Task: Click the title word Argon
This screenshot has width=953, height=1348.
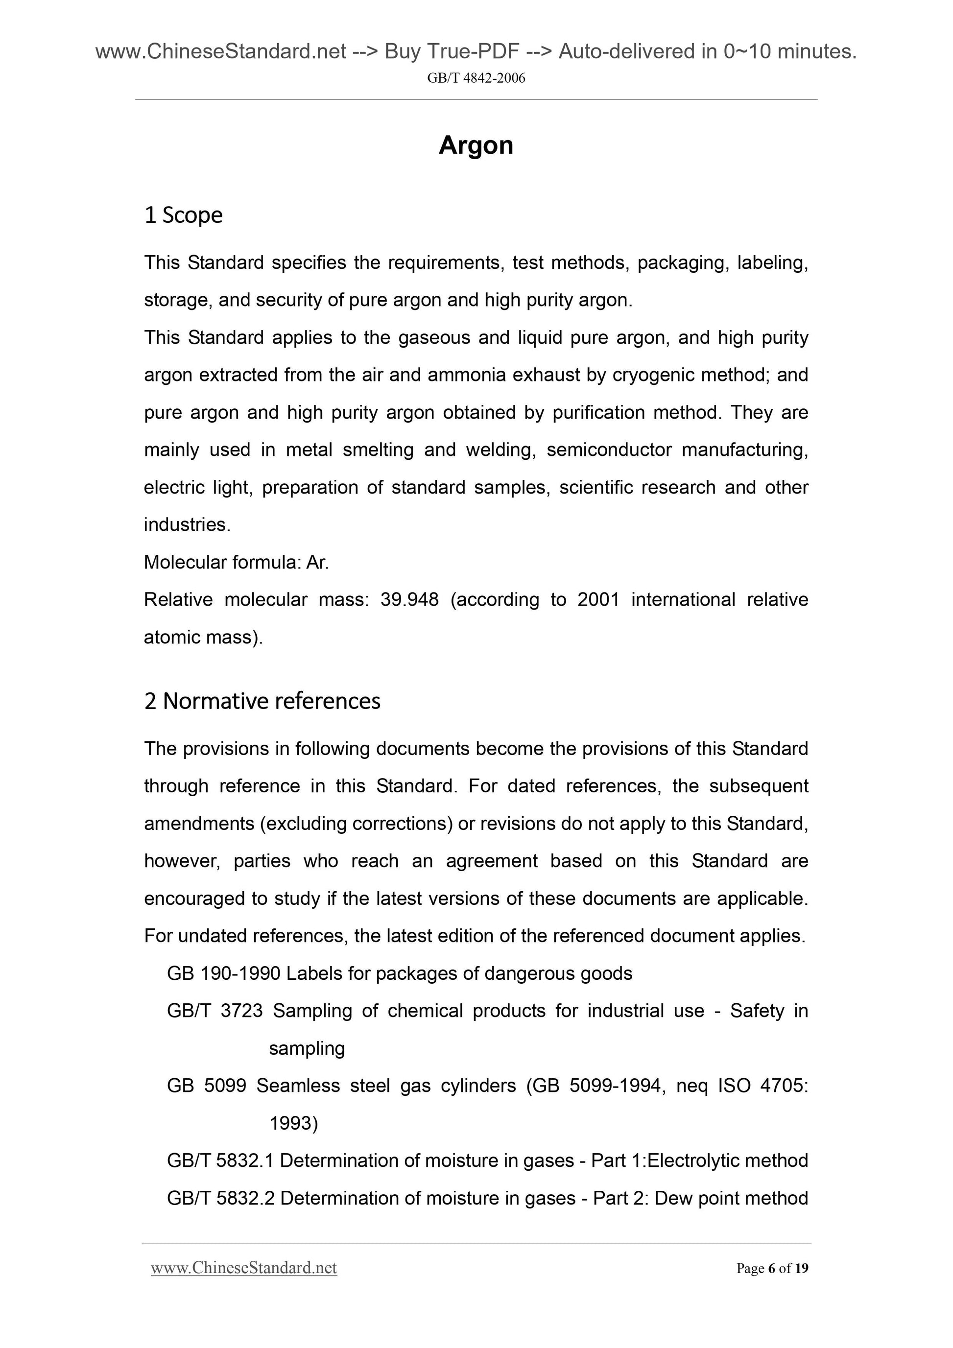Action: coord(476,145)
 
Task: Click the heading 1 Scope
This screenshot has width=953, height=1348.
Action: coord(183,215)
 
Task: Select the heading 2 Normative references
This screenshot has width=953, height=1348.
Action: coord(262,701)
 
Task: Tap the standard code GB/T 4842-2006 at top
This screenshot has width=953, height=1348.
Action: coord(476,78)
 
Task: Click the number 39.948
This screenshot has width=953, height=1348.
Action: coord(409,599)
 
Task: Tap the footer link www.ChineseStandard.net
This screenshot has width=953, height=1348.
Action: coord(244,1268)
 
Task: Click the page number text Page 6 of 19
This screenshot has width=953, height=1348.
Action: coord(772,1268)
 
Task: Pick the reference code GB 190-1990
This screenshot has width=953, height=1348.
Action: coord(223,973)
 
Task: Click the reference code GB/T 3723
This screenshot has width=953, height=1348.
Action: coord(215,1011)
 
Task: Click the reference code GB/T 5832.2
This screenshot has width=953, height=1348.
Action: coord(220,1198)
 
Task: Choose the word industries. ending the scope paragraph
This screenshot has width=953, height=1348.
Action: coord(187,525)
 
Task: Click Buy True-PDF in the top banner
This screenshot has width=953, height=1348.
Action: coord(452,52)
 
